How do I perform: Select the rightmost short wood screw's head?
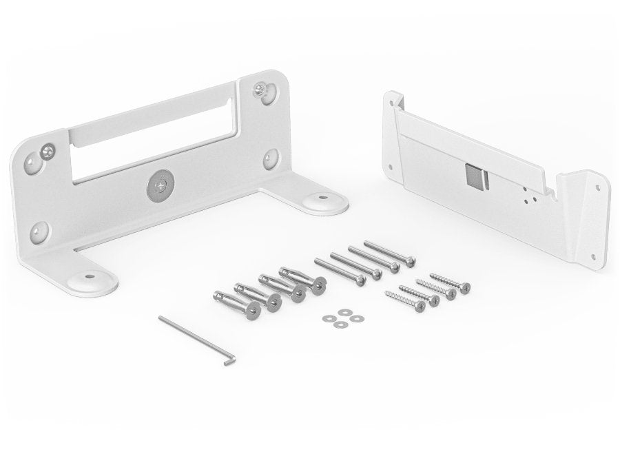coord(466,286)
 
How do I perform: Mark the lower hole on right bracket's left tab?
coord(393,167)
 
